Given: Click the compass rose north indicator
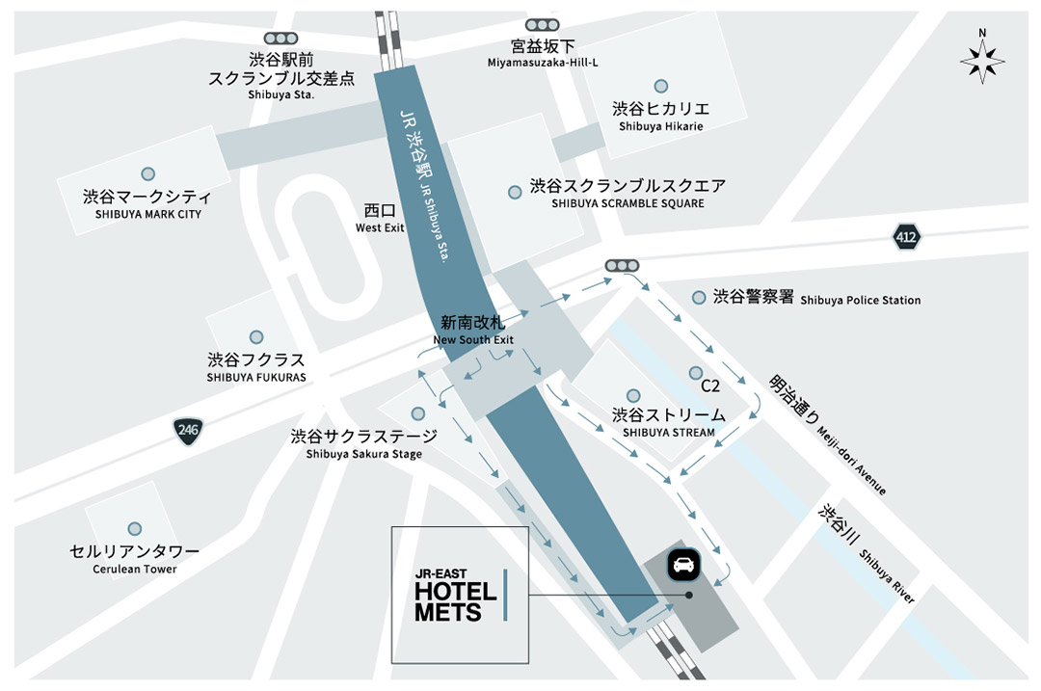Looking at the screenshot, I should click(x=982, y=57).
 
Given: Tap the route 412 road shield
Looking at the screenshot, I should click(x=906, y=236).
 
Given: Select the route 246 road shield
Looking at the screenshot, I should click(x=189, y=431).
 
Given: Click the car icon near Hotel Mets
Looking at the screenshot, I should click(x=685, y=565).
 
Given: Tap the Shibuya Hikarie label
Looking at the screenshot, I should click(x=661, y=116).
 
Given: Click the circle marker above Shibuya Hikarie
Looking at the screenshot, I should click(x=660, y=86).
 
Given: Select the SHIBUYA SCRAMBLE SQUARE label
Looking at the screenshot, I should click(x=627, y=193).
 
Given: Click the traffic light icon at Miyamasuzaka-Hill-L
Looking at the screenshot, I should click(x=543, y=24).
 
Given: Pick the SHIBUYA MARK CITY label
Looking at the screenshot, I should click(x=148, y=203).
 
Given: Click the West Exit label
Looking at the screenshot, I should click(x=380, y=218).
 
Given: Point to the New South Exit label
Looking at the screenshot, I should click(x=473, y=331).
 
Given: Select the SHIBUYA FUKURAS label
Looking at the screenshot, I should click(x=256, y=367).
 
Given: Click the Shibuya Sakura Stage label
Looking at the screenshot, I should click(x=363, y=443).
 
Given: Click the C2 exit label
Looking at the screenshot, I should click(x=710, y=386).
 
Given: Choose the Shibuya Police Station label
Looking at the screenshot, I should click(x=816, y=299).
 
